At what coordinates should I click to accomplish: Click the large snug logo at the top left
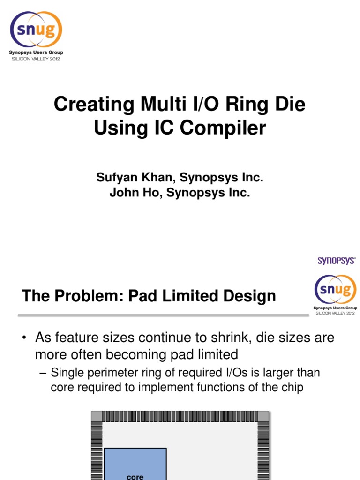pyautogui.click(x=37, y=29)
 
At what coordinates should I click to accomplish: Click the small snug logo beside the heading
pyautogui.click(x=335, y=290)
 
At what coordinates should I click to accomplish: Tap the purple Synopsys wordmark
pyautogui.click(x=337, y=261)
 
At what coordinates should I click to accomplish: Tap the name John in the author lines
pyautogui.click(x=123, y=193)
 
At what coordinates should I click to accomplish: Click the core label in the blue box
pyautogui.click(x=135, y=477)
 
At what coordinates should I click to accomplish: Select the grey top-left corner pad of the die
pyautogui.click(x=96, y=416)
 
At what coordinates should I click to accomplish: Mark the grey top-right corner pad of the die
pyautogui.click(x=264, y=416)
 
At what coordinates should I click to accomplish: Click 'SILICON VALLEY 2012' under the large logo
pyautogui.click(x=36, y=59)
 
